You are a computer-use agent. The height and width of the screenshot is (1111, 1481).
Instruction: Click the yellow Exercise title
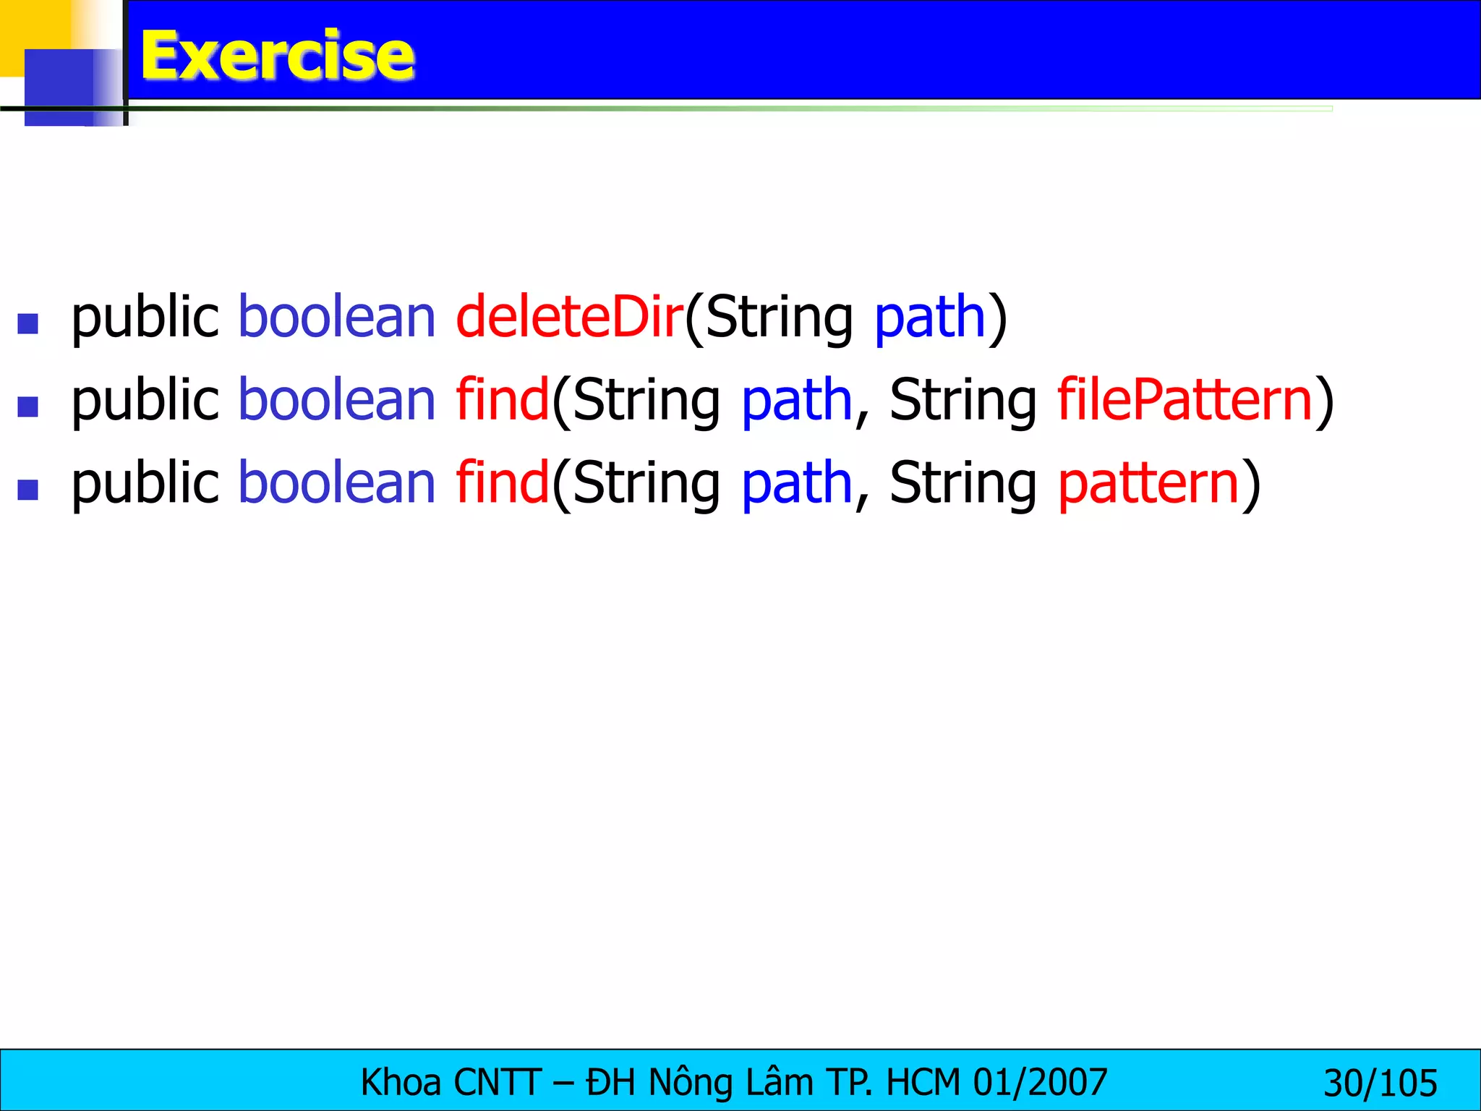pos(277,55)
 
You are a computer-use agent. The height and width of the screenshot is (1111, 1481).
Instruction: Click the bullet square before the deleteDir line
pos(27,323)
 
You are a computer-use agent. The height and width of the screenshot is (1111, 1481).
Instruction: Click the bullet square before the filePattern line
pos(27,406)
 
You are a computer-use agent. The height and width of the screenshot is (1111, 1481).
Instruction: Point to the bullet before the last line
pos(27,490)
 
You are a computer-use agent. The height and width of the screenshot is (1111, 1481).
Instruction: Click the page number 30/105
pos(1380,1084)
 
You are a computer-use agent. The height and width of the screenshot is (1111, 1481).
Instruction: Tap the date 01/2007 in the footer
pos(1040,1083)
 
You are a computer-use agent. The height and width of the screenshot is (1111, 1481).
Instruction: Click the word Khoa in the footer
pos(401,1083)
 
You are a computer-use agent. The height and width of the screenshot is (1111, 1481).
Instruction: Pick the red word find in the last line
pos(502,483)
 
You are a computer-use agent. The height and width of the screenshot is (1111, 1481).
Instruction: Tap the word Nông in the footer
pos(690,1083)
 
